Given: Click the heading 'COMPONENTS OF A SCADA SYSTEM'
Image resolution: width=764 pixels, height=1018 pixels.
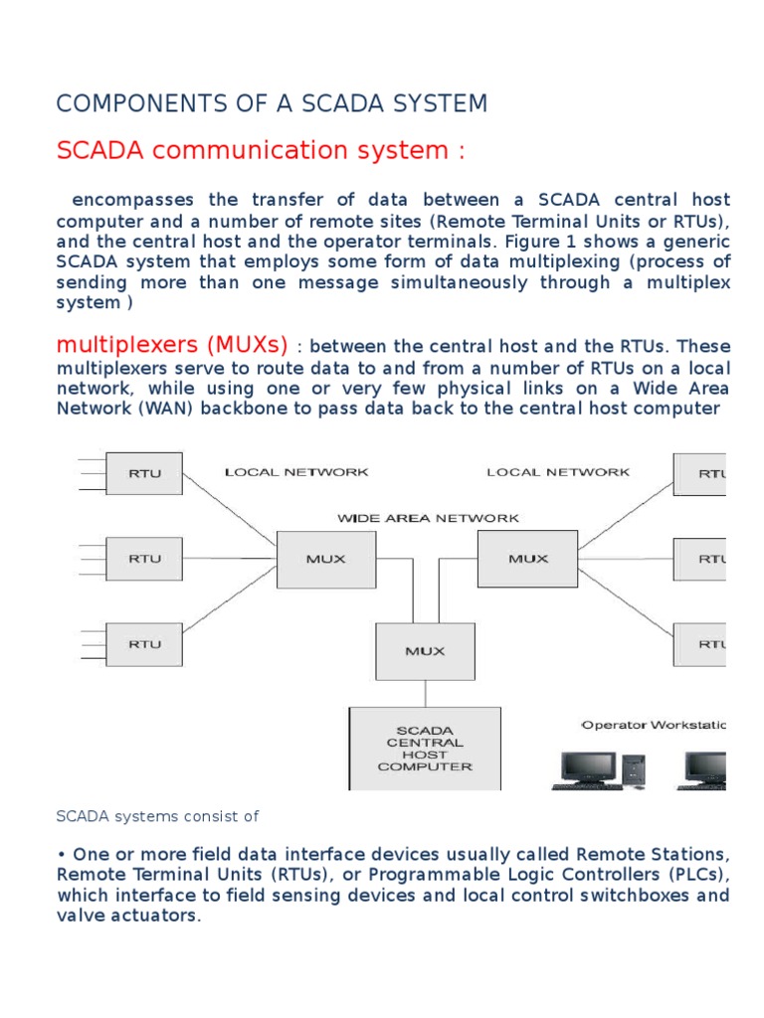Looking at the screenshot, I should (272, 103).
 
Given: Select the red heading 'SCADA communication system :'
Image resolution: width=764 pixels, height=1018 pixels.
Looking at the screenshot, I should (261, 150).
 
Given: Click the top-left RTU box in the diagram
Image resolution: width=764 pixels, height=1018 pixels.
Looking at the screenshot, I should (144, 474).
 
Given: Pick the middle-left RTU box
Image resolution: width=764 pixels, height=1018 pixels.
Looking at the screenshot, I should (144, 559).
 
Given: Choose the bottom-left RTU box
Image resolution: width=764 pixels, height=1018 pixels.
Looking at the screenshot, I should (144, 643).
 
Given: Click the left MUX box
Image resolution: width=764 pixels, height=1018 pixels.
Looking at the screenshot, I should (326, 559).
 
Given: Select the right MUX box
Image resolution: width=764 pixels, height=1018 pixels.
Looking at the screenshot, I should (528, 558).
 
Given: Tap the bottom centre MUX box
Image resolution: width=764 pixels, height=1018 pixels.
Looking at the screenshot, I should (426, 651).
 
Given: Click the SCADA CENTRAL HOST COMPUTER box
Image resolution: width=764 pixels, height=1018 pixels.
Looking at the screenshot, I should (425, 748).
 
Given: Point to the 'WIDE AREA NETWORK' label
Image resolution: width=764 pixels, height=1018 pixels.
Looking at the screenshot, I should (428, 518).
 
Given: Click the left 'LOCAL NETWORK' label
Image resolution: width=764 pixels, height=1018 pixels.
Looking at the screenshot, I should (296, 472).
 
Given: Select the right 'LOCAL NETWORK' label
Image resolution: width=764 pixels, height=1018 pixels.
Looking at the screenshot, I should (558, 472).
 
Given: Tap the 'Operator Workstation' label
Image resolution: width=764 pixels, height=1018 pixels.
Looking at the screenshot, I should (654, 725).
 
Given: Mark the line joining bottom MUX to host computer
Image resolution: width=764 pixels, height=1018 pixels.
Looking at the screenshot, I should (426, 693).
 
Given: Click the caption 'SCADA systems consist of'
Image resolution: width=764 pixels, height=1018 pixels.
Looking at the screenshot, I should (157, 816).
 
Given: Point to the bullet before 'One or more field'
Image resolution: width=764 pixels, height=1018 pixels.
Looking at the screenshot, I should (62, 855).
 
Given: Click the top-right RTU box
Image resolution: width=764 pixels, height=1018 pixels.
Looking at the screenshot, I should (700, 474).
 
